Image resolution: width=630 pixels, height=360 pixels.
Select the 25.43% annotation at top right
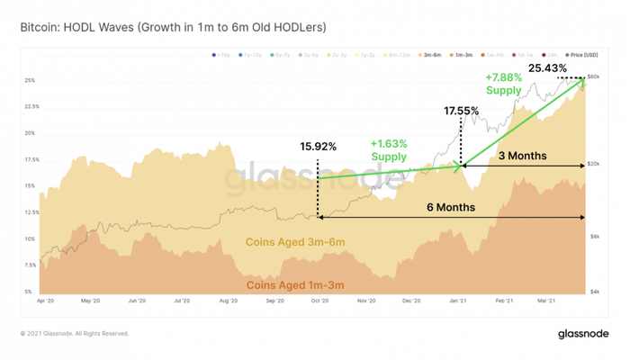(547, 67)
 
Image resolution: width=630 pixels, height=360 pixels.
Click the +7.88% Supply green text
(503, 84)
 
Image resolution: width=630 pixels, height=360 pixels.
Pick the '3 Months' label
(522, 156)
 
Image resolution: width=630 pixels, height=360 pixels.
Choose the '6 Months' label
(452, 207)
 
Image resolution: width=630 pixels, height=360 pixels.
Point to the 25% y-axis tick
(30, 80)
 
